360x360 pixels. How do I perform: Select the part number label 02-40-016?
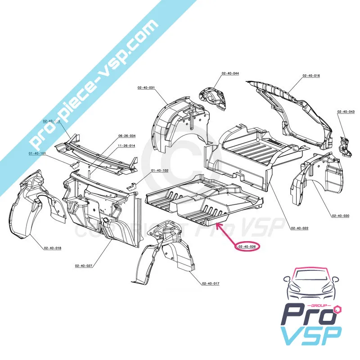pyautogui.click(x=311, y=76)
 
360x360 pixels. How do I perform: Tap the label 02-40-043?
pyautogui.click(x=346, y=112)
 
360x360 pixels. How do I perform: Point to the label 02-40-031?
pyautogui.click(x=146, y=87)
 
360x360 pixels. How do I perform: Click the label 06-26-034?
pyautogui.click(x=127, y=135)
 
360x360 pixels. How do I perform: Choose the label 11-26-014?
pyautogui.click(x=126, y=146)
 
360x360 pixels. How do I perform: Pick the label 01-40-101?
pyautogui.click(x=37, y=153)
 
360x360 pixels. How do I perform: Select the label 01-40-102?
pyautogui.click(x=159, y=171)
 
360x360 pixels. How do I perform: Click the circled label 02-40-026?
pyautogui.click(x=247, y=246)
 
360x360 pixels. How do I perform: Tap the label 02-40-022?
pyautogui.click(x=299, y=229)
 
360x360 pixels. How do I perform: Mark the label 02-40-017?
pyautogui.click(x=211, y=283)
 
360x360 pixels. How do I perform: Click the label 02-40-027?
pyautogui.click(x=84, y=266)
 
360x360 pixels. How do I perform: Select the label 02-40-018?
pyautogui.click(x=53, y=248)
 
